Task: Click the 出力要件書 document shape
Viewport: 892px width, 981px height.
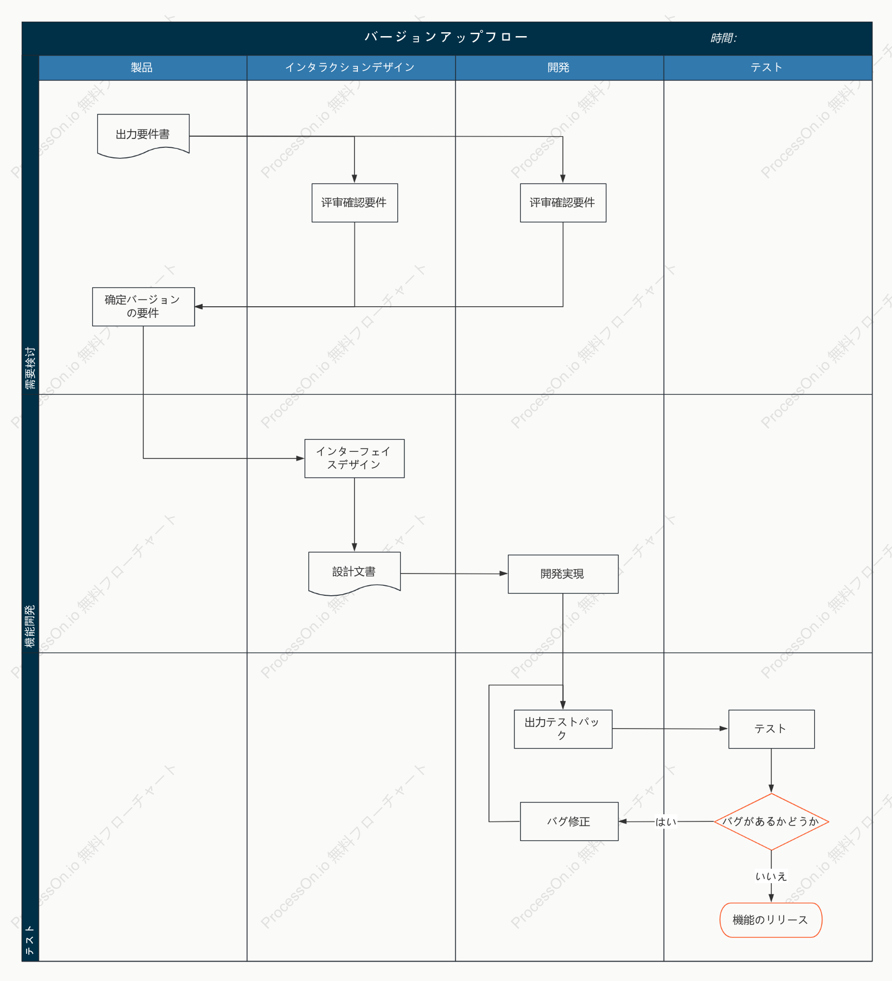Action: coord(143,135)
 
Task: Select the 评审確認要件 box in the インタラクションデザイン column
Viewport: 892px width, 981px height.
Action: coord(355,203)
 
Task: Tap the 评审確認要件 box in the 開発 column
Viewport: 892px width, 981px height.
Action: coord(563,203)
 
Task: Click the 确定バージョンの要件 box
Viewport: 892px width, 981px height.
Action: coord(143,307)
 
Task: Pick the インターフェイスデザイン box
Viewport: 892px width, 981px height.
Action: coord(355,459)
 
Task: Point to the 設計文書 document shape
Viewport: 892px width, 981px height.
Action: coord(355,572)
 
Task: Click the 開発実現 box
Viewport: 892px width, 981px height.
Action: coord(563,574)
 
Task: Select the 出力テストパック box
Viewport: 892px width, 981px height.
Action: coord(563,729)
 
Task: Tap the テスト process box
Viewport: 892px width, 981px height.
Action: coord(771,729)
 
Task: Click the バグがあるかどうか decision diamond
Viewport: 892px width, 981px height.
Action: coord(771,821)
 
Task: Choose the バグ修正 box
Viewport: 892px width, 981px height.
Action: coord(569,821)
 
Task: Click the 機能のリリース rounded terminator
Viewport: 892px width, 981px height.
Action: coord(771,920)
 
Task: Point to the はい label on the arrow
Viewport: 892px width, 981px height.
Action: coord(666,822)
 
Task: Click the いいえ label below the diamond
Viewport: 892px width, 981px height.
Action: coord(771,877)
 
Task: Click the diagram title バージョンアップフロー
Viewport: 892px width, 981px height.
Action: coord(446,37)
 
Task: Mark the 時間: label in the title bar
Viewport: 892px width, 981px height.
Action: coord(724,38)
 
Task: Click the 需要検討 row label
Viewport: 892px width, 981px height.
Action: coord(30,368)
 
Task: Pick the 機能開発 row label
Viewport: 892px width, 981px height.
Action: coord(30,626)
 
